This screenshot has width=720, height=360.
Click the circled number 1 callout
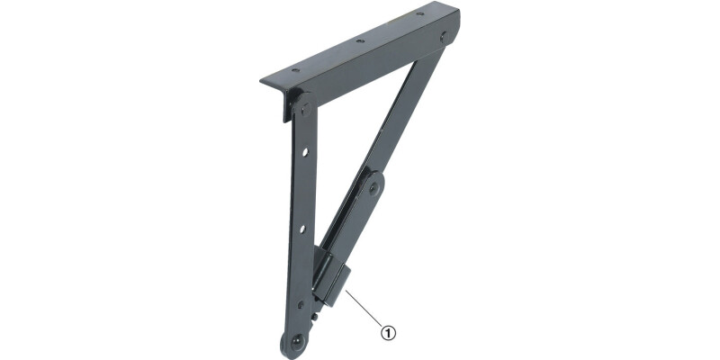point(388,332)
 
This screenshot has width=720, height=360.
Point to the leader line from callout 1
point(364,308)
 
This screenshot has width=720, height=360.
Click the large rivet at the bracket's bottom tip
point(296,341)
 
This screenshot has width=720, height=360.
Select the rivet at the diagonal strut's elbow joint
point(373,187)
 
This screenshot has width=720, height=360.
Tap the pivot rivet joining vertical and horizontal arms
point(306,109)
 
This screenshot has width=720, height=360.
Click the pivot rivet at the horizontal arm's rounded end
point(443,37)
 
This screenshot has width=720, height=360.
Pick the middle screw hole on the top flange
point(361,40)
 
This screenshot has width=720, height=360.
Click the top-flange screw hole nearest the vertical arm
point(295,70)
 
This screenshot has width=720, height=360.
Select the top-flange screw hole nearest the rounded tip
point(419,13)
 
